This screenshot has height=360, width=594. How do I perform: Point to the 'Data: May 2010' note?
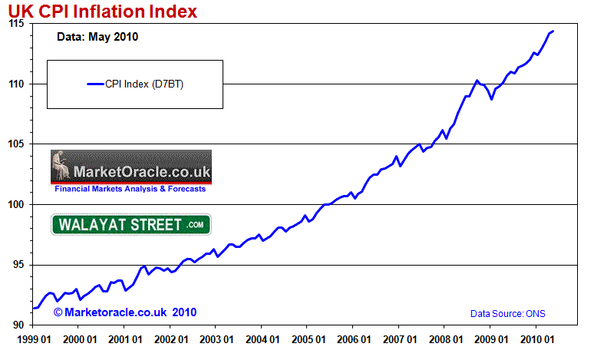[x=97, y=37]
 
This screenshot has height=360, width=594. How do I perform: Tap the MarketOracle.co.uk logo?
[x=130, y=165]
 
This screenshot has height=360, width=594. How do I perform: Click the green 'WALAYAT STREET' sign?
[x=130, y=225]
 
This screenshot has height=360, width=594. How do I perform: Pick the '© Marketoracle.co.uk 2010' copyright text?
[x=125, y=312]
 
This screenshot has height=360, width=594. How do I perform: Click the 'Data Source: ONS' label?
[x=507, y=314]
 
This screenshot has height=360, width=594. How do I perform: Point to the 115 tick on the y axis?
[x=17, y=24]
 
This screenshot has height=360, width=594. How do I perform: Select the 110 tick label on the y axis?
[x=17, y=84]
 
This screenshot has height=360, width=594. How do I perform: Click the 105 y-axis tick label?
[x=17, y=144]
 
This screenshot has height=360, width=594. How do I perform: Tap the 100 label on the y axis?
[x=17, y=204]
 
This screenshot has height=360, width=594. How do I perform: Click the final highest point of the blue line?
[x=553, y=31]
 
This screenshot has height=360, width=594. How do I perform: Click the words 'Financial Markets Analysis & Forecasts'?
[x=130, y=188]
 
